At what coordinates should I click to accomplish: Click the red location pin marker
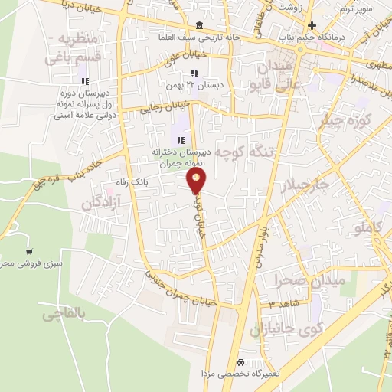point(197,181)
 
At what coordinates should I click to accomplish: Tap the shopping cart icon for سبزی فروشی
point(29,251)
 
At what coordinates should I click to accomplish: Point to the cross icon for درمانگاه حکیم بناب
point(312,24)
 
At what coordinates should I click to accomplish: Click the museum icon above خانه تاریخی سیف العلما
point(200,24)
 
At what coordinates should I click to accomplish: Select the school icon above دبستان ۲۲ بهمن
point(184,73)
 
